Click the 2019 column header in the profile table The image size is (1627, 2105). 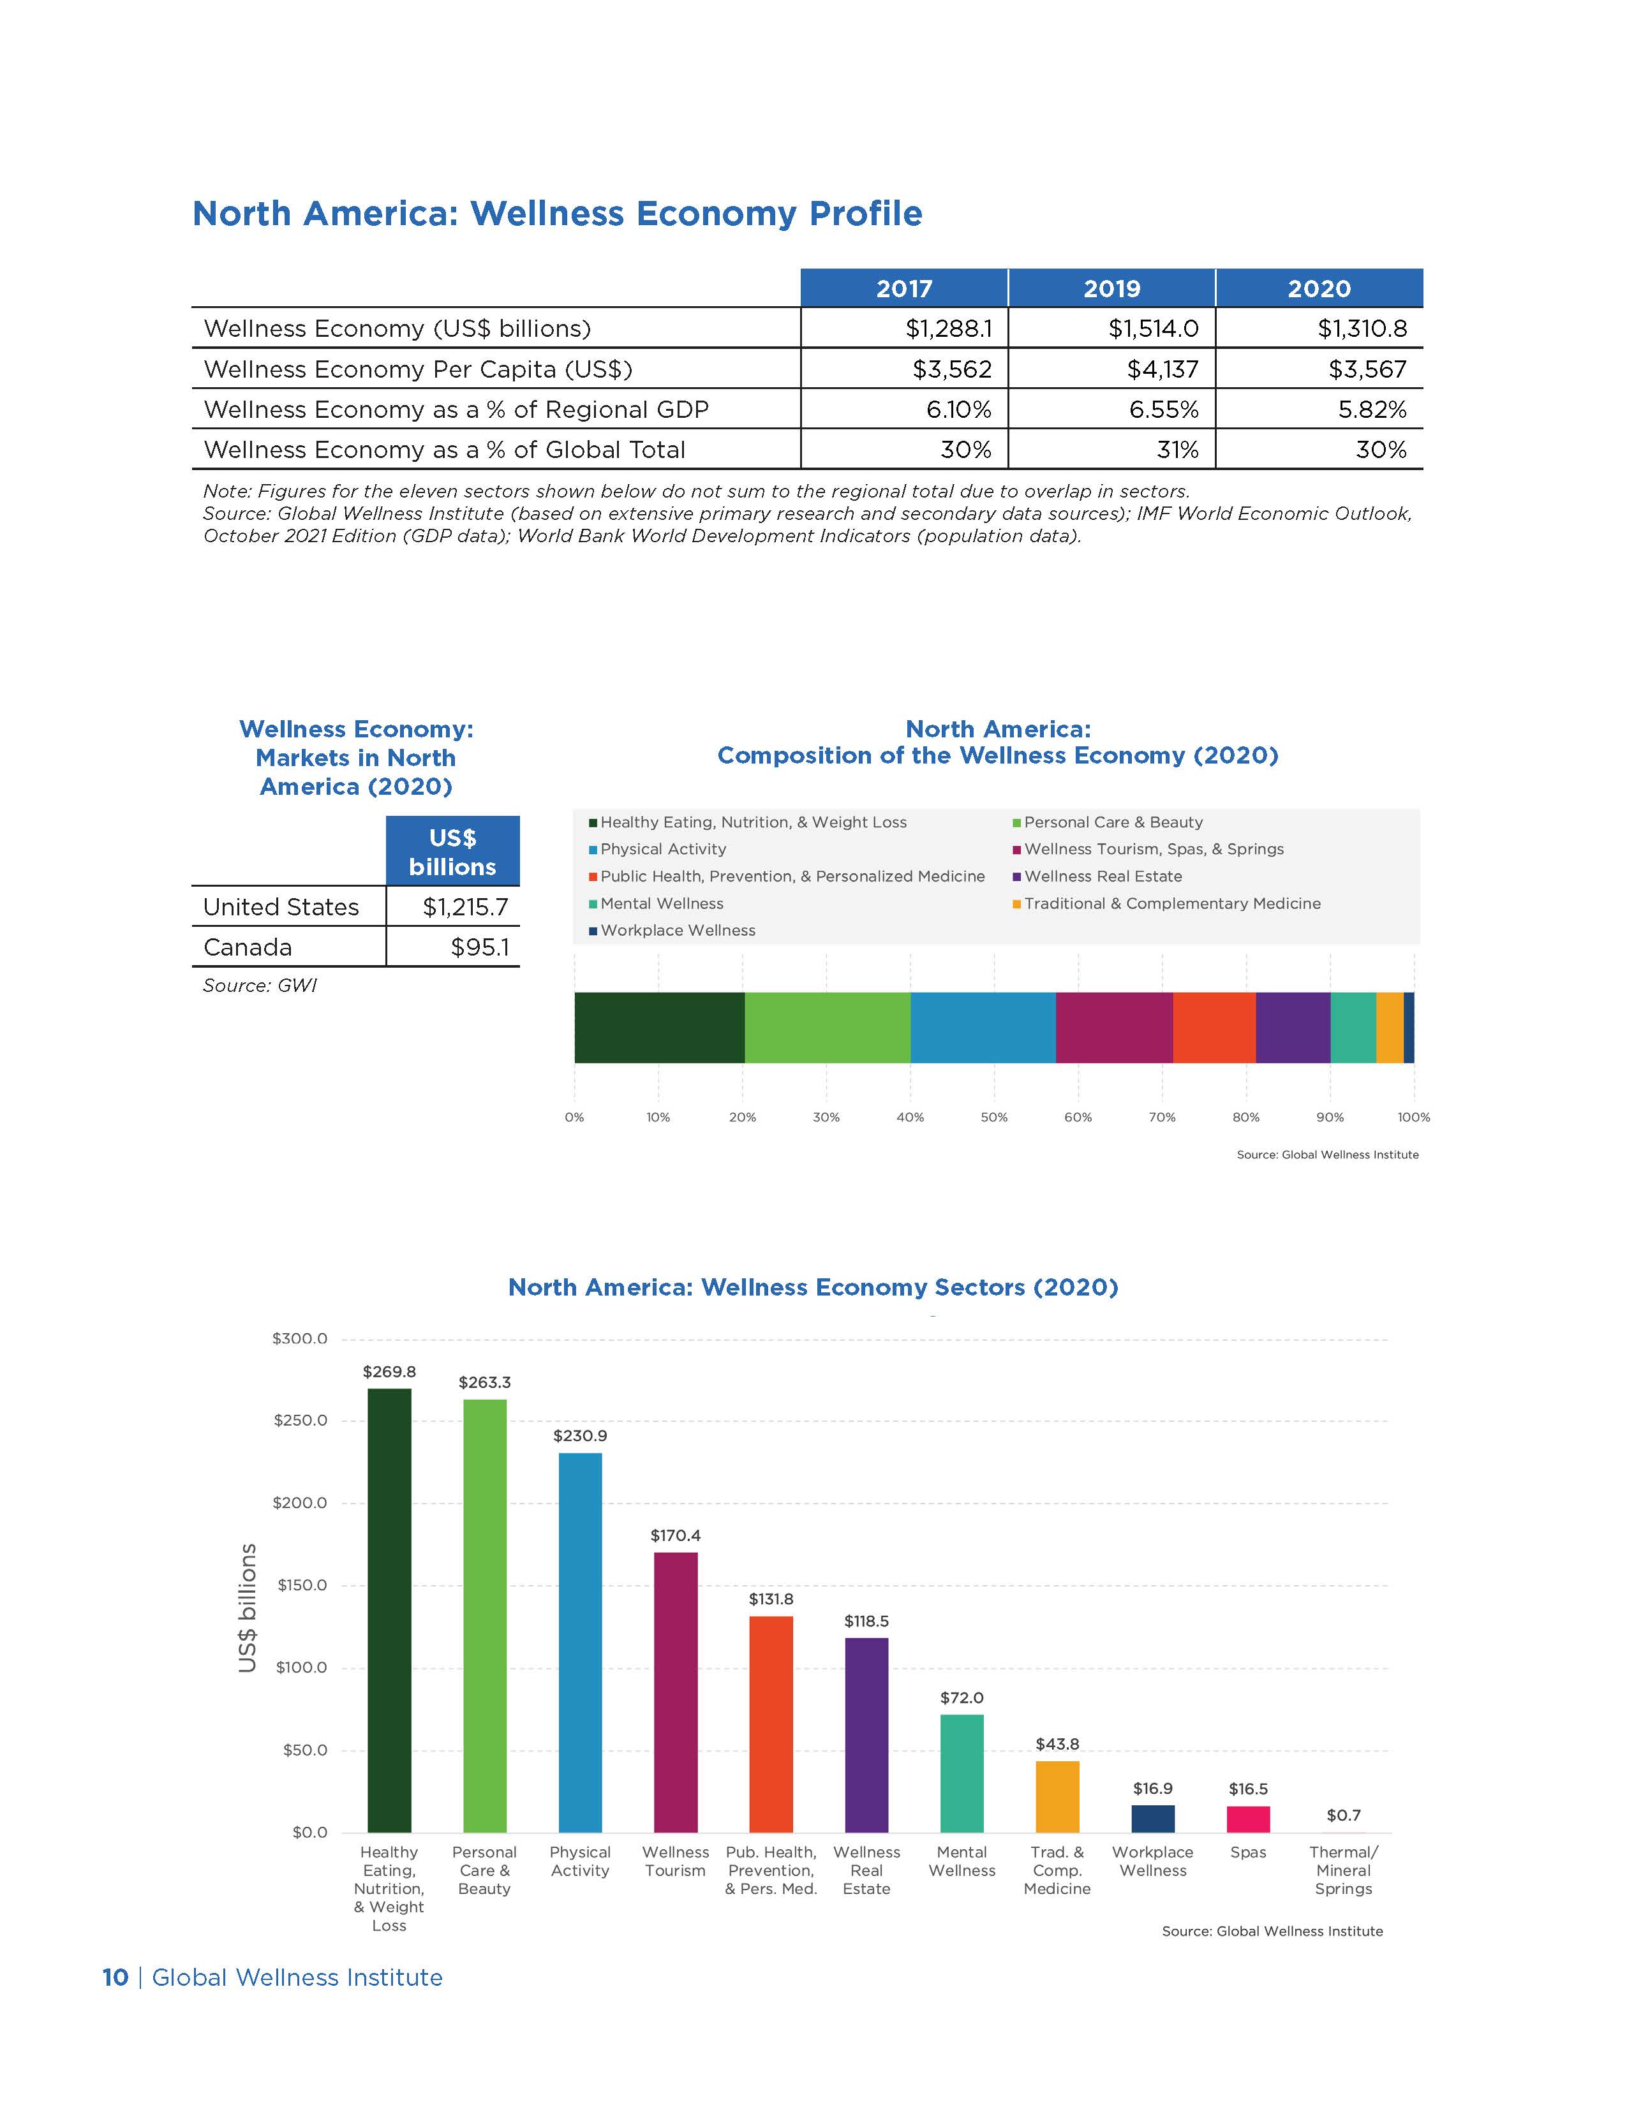pyautogui.click(x=1111, y=288)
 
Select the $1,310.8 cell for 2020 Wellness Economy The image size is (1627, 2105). pyautogui.click(x=1362, y=329)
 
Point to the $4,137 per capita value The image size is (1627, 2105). pyautogui.click(x=1163, y=369)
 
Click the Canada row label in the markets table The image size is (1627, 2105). pyautogui.click(x=248, y=947)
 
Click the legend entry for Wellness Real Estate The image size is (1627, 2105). pyautogui.click(x=1103, y=876)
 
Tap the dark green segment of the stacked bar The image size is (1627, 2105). pyautogui.click(x=659, y=1028)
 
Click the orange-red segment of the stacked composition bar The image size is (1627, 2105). pyautogui.click(x=1214, y=1028)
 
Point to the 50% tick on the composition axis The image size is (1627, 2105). pyautogui.click(x=993, y=1117)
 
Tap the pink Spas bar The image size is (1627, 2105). pyautogui.click(x=1248, y=1819)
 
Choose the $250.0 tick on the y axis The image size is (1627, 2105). pyautogui.click(x=301, y=1421)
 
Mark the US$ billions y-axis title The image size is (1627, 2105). pyautogui.click(x=248, y=1607)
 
